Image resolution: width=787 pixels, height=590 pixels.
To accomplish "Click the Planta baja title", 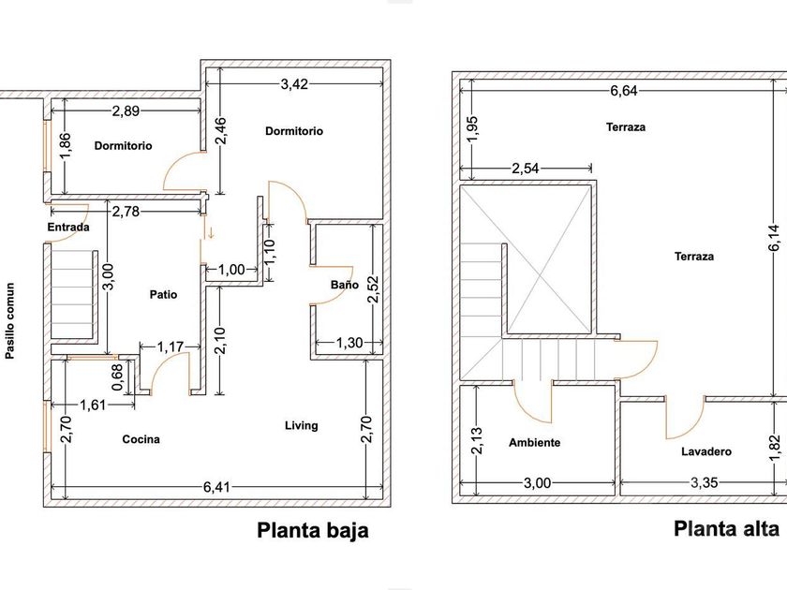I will pyautogui.click(x=313, y=531).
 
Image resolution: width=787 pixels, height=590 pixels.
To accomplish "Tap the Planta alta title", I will pyautogui.click(x=726, y=529).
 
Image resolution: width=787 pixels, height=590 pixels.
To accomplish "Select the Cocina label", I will pyautogui.click(x=141, y=438).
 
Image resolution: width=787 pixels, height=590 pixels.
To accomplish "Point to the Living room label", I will pyautogui.click(x=301, y=425).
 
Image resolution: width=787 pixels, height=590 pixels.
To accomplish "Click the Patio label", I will pyautogui.click(x=163, y=294).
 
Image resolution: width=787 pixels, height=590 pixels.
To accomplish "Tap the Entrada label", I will pyautogui.click(x=67, y=228).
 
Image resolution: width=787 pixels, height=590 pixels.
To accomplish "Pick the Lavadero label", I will pyautogui.click(x=706, y=451).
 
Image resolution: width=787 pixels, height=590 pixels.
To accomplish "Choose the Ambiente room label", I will pyautogui.click(x=534, y=442).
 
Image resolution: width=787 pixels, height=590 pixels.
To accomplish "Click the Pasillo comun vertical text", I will pyautogui.click(x=10, y=321).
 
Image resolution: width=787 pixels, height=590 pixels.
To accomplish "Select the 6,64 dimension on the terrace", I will pyautogui.click(x=623, y=91).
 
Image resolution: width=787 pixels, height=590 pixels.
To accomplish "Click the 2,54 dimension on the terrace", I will pyautogui.click(x=526, y=170).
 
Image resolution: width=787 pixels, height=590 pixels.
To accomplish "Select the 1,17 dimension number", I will pyautogui.click(x=170, y=347).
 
